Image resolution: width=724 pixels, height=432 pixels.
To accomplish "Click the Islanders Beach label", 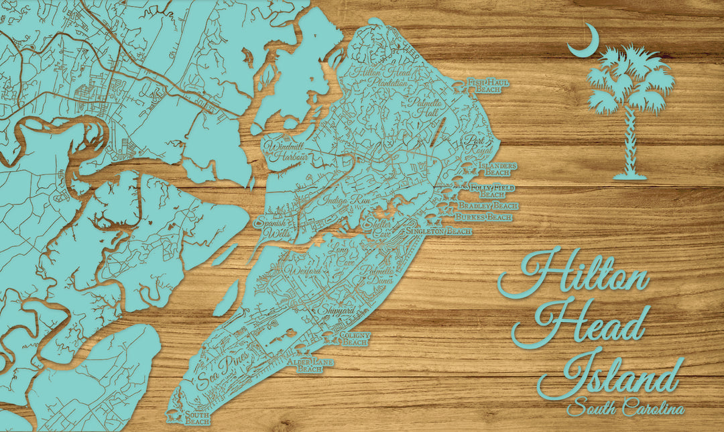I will [497, 168].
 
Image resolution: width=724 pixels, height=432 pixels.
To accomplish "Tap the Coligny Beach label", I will [355, 339].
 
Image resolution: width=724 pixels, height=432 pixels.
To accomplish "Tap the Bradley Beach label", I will [488, 205].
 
